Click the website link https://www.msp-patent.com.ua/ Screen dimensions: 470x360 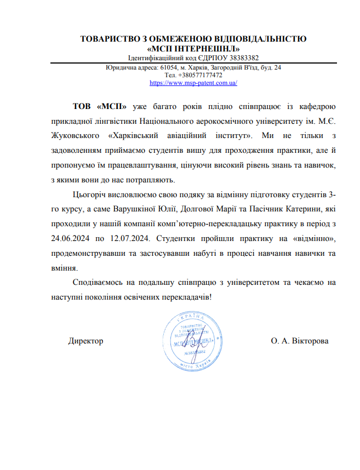coord(193,83)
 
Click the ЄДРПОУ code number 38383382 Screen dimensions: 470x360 coord(242,58)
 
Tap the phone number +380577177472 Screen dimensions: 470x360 coord(201,75)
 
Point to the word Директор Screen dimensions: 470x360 coord(85,341)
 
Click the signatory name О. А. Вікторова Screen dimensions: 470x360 coord(300,341)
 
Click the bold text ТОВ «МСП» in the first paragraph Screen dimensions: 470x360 coord(100,106)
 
